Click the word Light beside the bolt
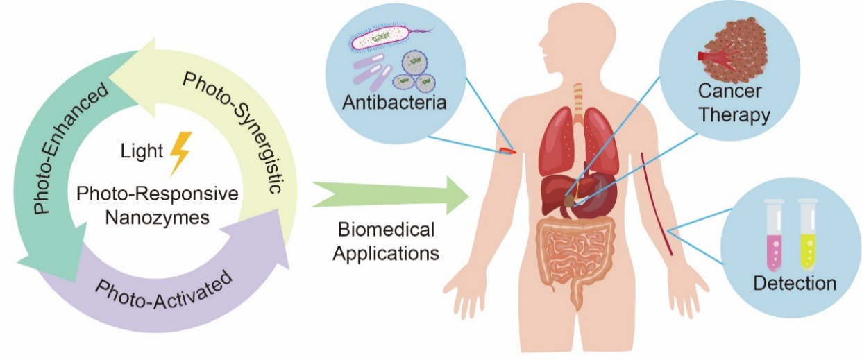click(142, 150)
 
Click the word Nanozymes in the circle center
click(161, 216)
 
